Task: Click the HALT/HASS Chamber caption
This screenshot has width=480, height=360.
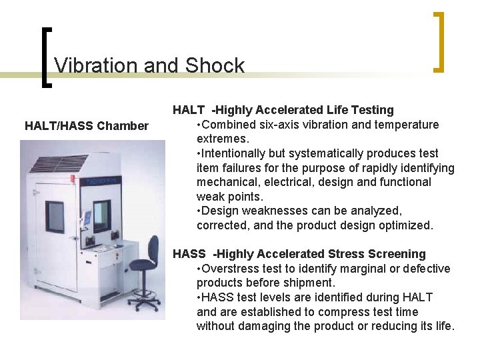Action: point(87,125)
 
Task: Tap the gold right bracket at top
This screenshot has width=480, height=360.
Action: point(438,41)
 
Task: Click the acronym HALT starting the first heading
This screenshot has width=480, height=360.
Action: point(189,110)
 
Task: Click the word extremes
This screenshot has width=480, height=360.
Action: point(223,139)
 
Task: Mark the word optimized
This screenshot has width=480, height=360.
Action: point(405,225)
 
